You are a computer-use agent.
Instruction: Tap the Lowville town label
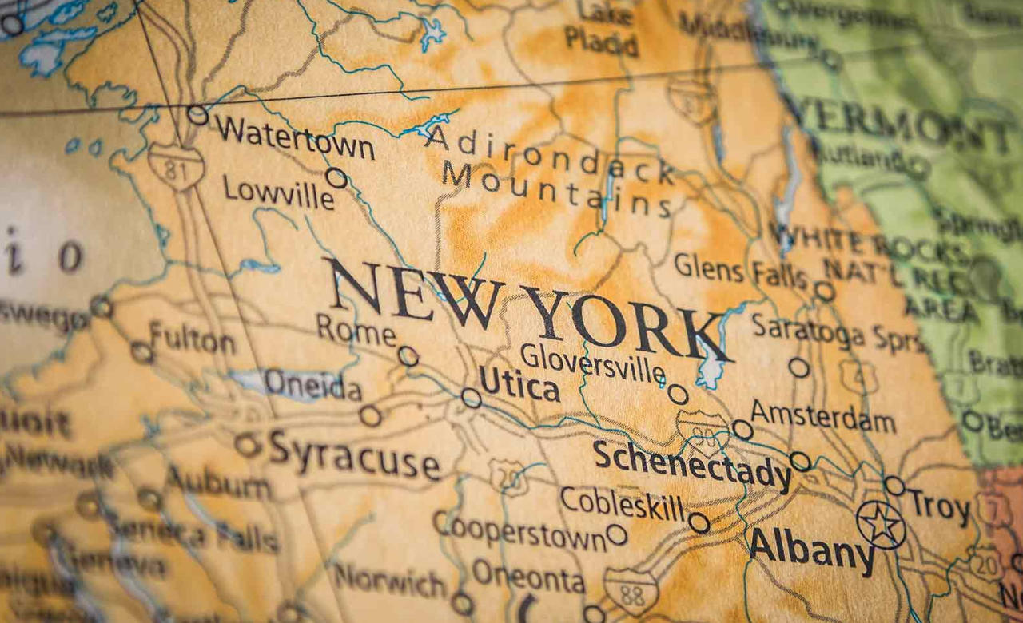(278, 192)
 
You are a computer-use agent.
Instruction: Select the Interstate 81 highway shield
(176, 166)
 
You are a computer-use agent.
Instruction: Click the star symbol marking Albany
(881, 525)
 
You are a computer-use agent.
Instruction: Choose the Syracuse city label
(354, 455)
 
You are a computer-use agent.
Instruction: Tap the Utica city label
(519, 387)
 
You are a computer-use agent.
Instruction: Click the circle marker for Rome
(408, 356)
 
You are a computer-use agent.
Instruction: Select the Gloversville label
(592, 363)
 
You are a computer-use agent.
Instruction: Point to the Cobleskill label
(622, 503)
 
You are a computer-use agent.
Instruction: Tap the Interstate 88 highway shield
(631, 591)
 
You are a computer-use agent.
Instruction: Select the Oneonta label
(528, 577)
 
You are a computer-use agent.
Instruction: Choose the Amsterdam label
(823, 418)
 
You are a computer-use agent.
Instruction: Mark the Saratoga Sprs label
(836, 332)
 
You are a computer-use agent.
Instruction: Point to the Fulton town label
(192, 339)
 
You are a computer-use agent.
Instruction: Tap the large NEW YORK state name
(527, 308)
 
